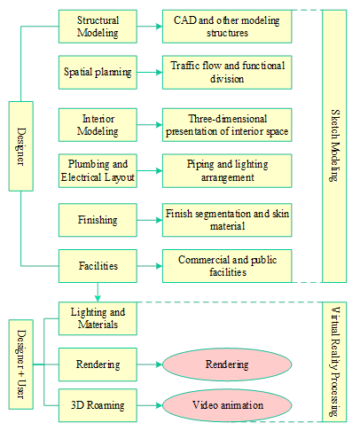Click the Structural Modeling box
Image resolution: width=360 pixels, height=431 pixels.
click(x=98, y=27)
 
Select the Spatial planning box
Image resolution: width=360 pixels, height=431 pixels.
click(x=98, y=72)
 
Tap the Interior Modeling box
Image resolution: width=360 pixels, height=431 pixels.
click(x=98, y=125)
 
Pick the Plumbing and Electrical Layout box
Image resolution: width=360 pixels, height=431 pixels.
click(x=98, y=170)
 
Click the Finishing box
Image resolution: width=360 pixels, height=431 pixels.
click(x=98, y=220)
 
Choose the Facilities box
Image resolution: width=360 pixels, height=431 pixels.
click(x=98, y=266)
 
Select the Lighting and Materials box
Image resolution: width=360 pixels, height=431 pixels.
click(x=98, y=318)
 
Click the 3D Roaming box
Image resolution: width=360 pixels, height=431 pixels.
click(x=98, y=405)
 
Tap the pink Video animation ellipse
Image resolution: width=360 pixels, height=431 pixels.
click(x=227, y=405)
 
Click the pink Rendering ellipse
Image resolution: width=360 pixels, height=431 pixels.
click(x=227, y=364)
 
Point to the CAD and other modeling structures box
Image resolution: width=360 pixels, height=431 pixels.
click(x=227, y=27)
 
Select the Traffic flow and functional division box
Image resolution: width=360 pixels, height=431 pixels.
click(x=227, y=72)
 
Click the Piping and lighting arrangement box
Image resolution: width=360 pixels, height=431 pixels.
click(x=227, y=170)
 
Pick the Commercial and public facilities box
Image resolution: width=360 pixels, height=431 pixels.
click(x=227, y=266)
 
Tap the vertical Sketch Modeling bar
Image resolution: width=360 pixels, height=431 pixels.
click(x=334, y=146)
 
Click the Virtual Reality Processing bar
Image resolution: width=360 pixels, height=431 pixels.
click(x=334, y=362)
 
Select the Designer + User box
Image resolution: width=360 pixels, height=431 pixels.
click(x=21, y=364)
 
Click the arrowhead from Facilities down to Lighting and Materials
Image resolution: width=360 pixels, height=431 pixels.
click(x=98, y=298)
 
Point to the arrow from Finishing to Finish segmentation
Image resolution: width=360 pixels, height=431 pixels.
click(x=150, y=220)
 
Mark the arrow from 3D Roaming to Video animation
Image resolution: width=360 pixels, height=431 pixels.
click(x=150, y=405)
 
